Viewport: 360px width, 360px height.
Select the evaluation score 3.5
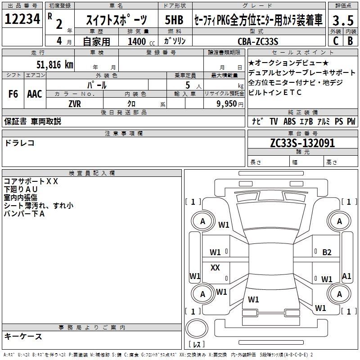click(342, 21)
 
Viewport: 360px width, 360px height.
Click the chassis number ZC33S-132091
click(302, 143)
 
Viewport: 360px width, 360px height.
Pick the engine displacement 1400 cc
click(137, 41)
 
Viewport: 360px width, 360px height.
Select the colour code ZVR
click(75, 103)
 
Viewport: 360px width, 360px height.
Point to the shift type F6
click(13, 94)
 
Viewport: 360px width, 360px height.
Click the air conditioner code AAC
click(35, 94)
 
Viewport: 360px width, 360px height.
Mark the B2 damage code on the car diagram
click(327, 252)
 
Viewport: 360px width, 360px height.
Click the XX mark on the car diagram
click(215, 268)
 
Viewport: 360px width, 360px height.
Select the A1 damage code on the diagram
click(346, 276)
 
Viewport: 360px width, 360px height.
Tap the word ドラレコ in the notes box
click(19, 143)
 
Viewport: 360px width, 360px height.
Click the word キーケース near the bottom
click(23, 336)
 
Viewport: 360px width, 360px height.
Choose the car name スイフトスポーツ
click(116, 20)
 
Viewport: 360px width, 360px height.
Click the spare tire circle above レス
click(197, 329)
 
